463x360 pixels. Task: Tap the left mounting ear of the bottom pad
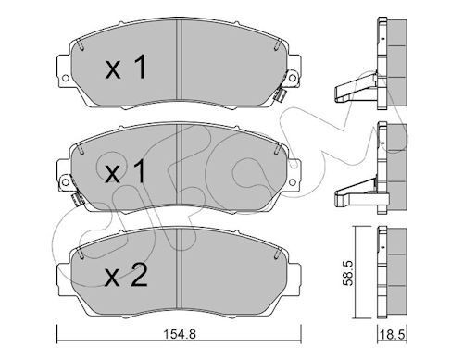coord(62,271)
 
